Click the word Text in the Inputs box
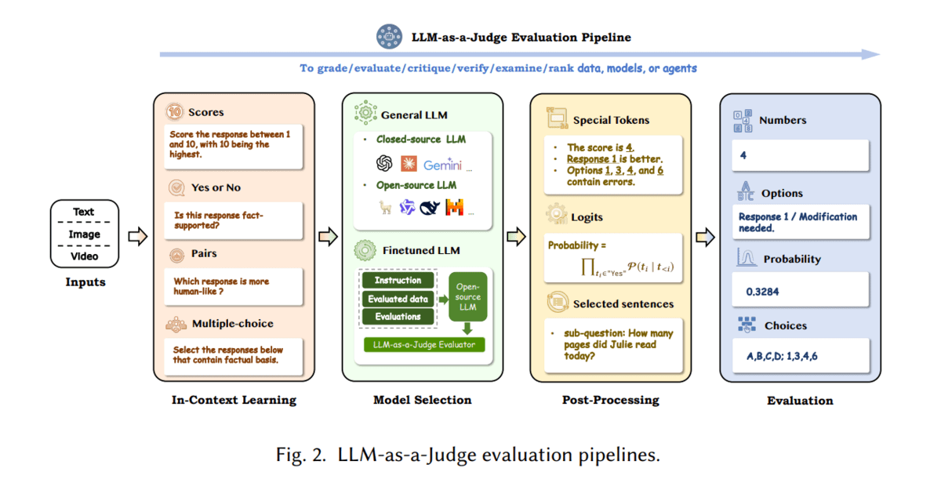click(x=84, y=212)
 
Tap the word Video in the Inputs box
click(x=84, y=256)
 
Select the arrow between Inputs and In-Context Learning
click(x=138, y=237)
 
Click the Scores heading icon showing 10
click(x=176, y=112)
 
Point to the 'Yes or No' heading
click(x=216, y=187)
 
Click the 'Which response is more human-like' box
click(x=234, y=287)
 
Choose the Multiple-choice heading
click(x=232, y=323)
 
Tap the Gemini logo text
click(x=442, y=165)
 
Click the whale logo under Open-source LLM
click(x=430, y=208)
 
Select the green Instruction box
click(x=398, y=280)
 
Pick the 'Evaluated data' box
click(x=398, y=299)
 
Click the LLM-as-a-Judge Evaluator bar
click(x=424, y=344)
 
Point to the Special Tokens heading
click(x=611, y=120)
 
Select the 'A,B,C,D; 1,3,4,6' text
click(x=781, y=357)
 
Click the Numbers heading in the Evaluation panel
click(x=782, y=120)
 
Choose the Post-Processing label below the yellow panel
click(x=610, y=400)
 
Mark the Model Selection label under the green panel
click(x=422, y=400)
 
